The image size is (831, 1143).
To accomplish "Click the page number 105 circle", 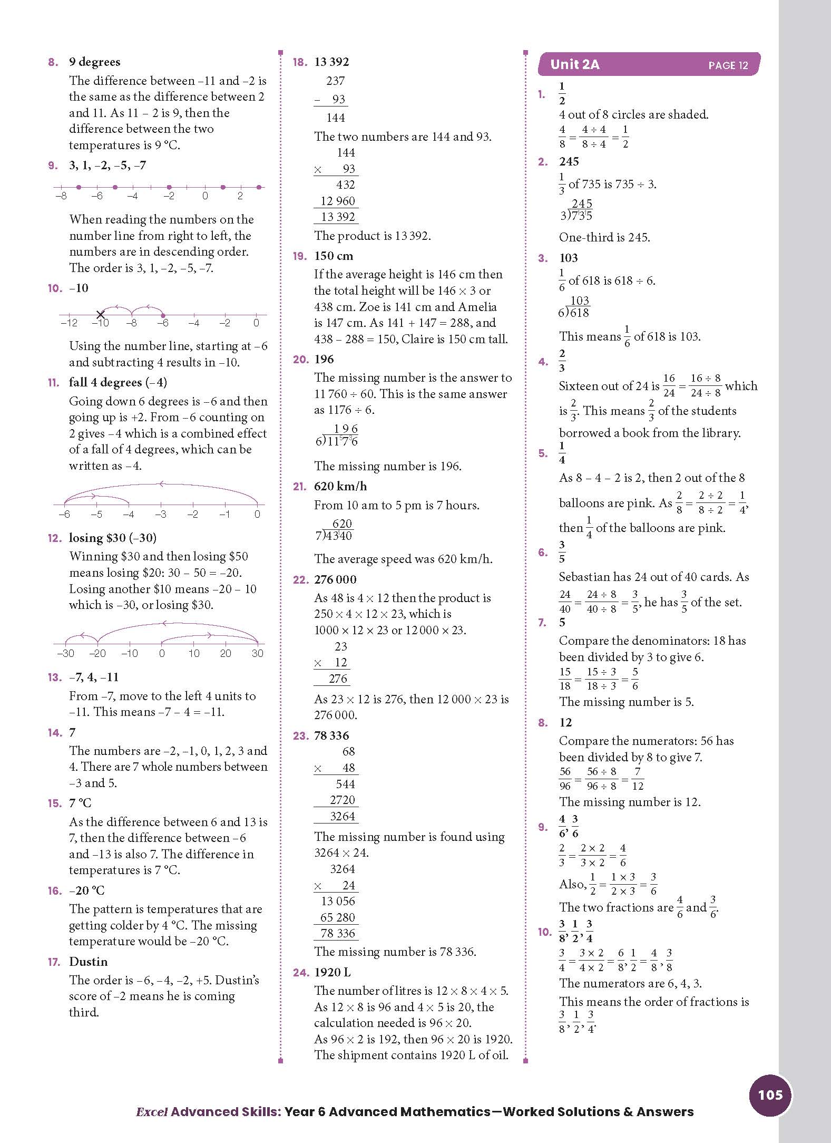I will pos(770,1094).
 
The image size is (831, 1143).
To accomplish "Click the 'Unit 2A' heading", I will pos(574,65).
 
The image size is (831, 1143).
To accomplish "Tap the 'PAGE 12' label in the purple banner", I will pos(728,65).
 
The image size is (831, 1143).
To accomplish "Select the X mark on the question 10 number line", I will pos(100,315).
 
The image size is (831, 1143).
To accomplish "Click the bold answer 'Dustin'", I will pos(88,961).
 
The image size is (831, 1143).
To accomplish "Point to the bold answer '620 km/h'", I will pos(340,486).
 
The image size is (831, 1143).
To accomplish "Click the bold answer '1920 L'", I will pos(332,972).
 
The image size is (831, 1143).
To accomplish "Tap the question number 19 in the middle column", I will pos(300,256).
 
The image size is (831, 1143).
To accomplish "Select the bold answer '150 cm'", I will pos(334,256).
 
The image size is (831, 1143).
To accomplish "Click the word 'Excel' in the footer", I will pos(151,1112).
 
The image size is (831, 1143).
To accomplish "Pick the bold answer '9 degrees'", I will pos(94,62).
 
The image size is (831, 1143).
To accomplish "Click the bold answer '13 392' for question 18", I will pos(331,62).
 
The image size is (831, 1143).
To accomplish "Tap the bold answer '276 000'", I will pos(335,579).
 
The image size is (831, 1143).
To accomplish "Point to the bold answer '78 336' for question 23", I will pos(331,735).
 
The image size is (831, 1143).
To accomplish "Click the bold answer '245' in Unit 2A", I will pos(569,161).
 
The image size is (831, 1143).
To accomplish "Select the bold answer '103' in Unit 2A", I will pos(569,258).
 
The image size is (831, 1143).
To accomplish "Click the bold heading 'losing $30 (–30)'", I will pos(113,538).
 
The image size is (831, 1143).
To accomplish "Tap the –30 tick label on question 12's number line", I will pos(65,653).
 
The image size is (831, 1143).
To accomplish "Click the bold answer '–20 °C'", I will pos(87,890).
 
